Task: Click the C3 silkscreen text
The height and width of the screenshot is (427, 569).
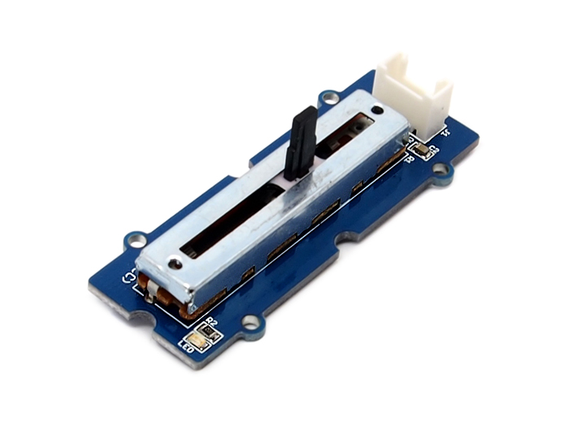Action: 433,149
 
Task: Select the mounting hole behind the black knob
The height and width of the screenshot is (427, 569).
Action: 328,99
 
